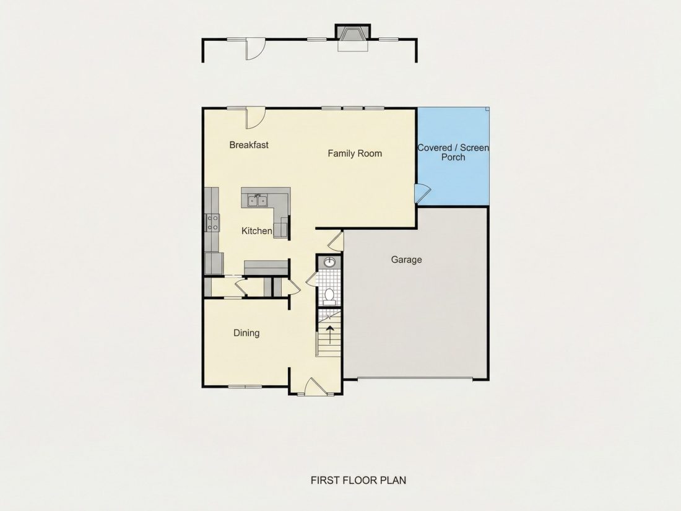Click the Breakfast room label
[249, 145]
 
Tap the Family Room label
[355, 154]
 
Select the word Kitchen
[257, 231]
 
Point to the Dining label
[246, 333]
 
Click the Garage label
[406, 260]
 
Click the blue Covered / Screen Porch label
[453, 152]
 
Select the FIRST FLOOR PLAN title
[358, 480]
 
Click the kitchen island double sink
[257, 200]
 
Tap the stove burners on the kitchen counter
[212, 222]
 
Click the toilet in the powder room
[329, 295]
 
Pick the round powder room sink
[329, 262]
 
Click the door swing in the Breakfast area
[256, 118]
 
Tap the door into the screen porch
[422, 193]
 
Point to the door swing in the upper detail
[256, 49]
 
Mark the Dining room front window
[245, 386]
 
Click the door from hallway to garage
[336, 241]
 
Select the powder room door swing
[312, 279]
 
